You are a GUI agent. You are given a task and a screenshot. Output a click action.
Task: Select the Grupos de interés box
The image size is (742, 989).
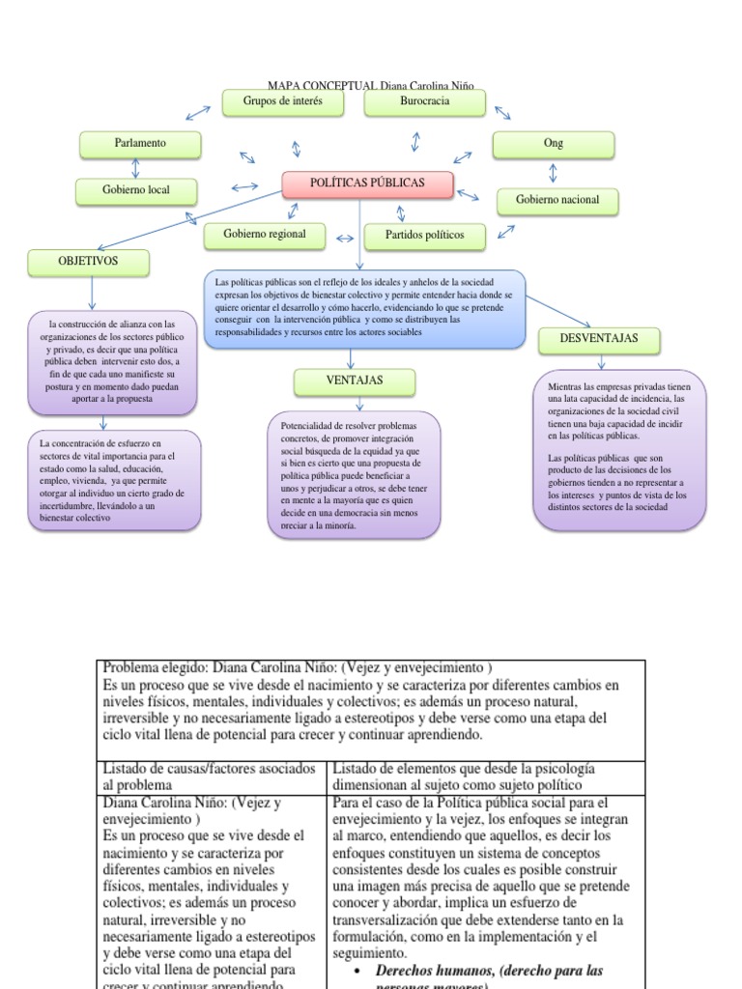point(283,102)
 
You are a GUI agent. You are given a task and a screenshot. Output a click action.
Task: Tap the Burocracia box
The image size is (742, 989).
point(424,102)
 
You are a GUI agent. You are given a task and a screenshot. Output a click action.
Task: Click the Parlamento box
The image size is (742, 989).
point(140,144)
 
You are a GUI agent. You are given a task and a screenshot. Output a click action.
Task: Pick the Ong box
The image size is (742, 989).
point(553,144)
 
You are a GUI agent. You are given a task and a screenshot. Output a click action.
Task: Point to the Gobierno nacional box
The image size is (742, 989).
point(557,201)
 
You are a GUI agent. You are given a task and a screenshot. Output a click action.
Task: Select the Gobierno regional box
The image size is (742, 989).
point(265,235)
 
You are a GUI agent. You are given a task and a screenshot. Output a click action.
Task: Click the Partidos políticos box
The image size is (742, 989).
point(424,236)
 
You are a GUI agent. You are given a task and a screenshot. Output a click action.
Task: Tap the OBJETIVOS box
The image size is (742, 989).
point(88,262)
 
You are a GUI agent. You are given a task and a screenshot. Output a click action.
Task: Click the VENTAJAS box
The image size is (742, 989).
point(355,381)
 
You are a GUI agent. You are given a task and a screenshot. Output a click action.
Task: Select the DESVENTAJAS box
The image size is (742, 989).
point(599,340)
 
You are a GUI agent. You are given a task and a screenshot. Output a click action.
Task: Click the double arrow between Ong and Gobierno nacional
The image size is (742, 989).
point(553,173)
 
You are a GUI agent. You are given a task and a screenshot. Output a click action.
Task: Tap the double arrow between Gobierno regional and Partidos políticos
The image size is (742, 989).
point(345,237)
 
